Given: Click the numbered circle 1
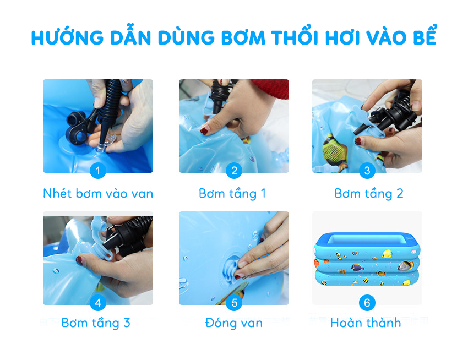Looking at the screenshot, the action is [98, 171].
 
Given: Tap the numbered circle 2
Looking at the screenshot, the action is [234, 171].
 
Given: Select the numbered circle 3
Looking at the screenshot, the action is [367, 171].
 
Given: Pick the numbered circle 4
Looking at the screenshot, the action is [98, 303].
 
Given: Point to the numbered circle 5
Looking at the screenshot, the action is [234, 303].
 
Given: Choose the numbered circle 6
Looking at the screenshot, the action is [367, 303].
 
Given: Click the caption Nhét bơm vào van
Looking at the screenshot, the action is [98, 193].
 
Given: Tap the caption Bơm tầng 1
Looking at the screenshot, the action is [232, 194].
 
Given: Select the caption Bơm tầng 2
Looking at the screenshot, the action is [369, 194].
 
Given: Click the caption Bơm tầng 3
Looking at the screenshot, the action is [96, 323].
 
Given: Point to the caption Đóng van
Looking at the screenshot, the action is [234, 323].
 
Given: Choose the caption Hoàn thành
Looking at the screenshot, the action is [366, 323].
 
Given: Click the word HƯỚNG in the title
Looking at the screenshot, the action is [68, 37].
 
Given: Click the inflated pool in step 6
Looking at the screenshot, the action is [367, 259].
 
